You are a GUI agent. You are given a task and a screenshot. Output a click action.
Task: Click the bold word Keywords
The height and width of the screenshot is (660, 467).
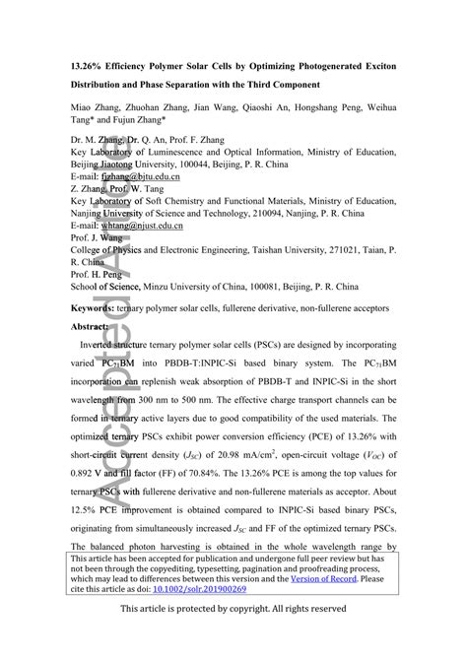click(x=93, y=307)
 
